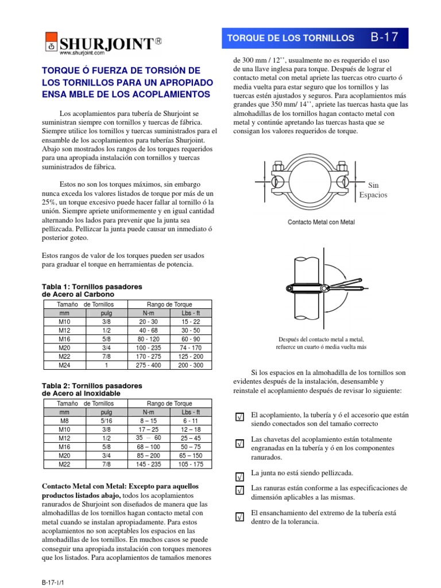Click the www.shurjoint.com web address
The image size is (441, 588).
coord(82,53)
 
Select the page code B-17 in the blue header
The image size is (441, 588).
coord(384,38)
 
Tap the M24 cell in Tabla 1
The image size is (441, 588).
coord(64,365)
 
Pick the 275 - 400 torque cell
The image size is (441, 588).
coord(148,365)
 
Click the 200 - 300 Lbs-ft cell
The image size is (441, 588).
coord(191,365)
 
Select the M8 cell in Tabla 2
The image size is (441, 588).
coord(64,420)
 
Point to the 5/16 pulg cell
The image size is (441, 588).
coord(106,420)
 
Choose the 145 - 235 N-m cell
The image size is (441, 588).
coord(148,464)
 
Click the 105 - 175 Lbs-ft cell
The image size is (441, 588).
coord(191,464)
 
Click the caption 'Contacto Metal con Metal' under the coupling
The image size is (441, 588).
coord(322,222)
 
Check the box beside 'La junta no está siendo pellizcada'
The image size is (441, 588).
coord(240,477)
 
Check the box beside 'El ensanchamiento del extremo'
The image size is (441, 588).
coord(240,517)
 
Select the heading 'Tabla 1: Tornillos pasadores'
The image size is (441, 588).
coord(92,286)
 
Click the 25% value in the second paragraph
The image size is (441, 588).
coord(52,203)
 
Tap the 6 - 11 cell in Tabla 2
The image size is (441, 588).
coord(191,420)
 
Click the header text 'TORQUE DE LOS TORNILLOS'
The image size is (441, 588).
coord(291,38)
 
